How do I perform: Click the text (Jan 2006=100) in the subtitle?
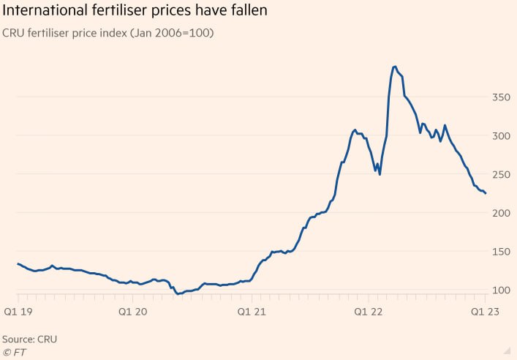pos(172,34)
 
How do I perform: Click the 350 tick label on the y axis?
pos(499,97)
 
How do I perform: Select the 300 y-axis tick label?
pos(499,135)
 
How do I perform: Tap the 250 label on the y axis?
pos(499,174)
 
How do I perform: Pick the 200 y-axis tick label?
pos(499,213)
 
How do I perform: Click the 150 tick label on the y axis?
pos(499,252)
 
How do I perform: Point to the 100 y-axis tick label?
pos(499,290)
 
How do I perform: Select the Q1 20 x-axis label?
pos(132,311)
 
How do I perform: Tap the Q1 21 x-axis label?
pos(251,311)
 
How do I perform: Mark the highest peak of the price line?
pos(395,67)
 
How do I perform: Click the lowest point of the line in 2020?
pos(178,294)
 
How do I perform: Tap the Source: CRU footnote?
pos(29,340)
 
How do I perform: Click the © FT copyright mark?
pos(15,352)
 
